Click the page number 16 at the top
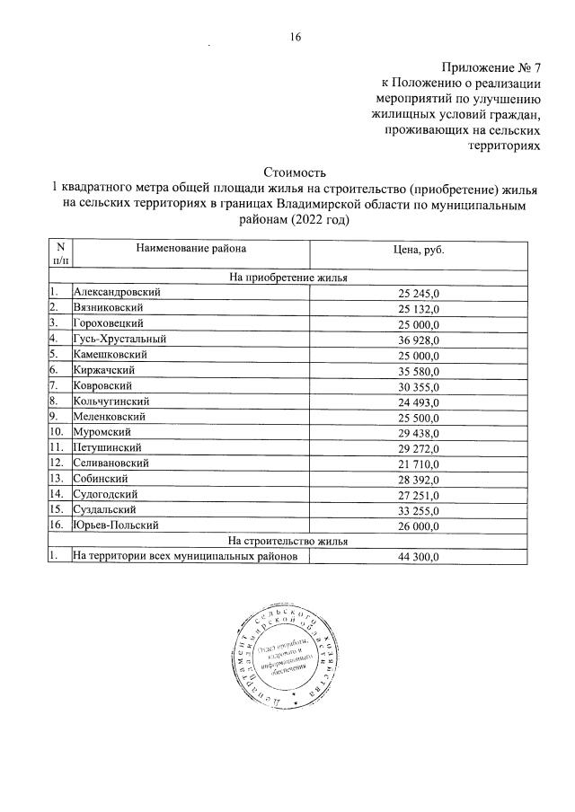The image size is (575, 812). click(x=295, y=37)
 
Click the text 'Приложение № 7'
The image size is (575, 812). click(x=491, y=68)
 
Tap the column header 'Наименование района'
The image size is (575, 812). click(x=190, y=248)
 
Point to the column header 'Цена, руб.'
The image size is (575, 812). click(x=419, y=249)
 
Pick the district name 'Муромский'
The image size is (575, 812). click(x=102, y=431)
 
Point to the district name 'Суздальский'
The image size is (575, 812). click(x=107, y=508)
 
